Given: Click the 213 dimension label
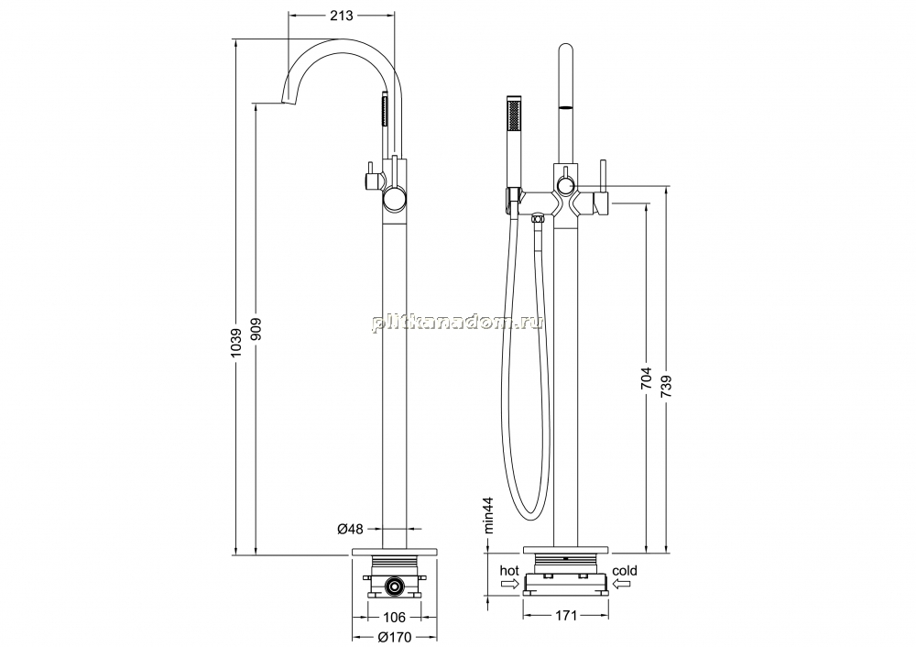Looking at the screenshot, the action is click(x=341, y=16).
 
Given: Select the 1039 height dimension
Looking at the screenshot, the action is click(x=236, y=343).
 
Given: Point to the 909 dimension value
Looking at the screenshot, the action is click(x=256, y=331).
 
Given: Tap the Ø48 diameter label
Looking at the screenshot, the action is click(x=351, y=529).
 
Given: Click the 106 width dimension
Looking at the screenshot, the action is click(x=395, y=617).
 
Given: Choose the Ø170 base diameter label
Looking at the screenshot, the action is click(x=395, y=637).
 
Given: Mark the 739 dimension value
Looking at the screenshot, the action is click(x=667, y=388).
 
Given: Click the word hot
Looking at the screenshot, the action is click(x=508, y=570).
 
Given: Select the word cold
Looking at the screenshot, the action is click(x=625, y=570).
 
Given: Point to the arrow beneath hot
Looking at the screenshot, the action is click(x=510, y=583).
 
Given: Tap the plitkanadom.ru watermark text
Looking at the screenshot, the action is click(x=457, y=322).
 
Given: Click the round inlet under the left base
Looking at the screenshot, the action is click(x=395, y=585).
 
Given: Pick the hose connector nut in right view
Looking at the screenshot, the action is click(x=537, y=220).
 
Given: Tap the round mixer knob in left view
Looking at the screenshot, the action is click(x=395, y=201).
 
